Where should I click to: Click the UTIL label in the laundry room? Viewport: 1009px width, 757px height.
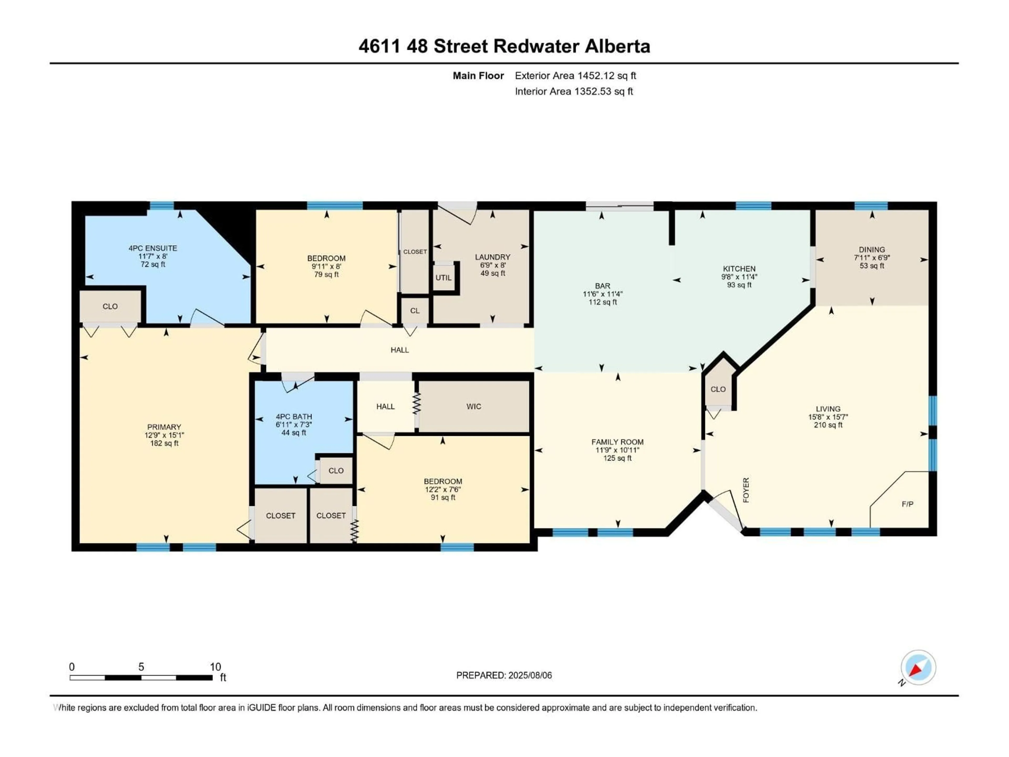tap(443, 277)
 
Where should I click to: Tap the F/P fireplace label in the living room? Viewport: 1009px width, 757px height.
tap(907, 504)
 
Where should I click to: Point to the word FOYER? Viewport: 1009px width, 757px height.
tap(746, 490)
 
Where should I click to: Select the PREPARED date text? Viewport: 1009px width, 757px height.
tap(504, 675)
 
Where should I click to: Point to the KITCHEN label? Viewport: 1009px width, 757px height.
tap(739, 269)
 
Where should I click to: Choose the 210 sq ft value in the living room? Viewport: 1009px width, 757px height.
tap(828, 425)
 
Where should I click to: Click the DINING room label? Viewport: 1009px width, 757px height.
tap(872, 250)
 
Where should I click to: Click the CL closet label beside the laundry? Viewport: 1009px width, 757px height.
tap(415, 311)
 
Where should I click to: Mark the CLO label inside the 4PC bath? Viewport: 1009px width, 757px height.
tap(336, 470)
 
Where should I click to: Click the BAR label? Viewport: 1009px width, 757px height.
tap(602, 286)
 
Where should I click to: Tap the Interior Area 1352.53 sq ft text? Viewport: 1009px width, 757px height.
tap(574, 91)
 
